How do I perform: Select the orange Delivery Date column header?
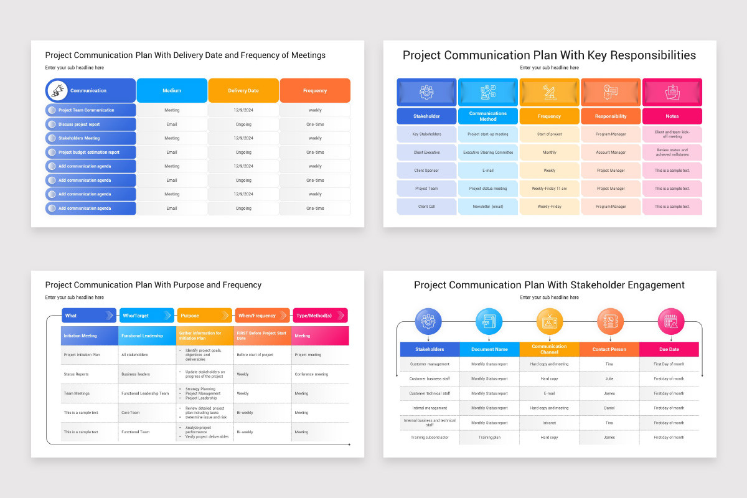point(243,91)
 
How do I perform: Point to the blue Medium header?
point(172,91)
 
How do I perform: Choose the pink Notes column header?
point(672,116)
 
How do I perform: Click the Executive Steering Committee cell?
point(488,153)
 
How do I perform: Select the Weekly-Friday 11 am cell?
point(549,189)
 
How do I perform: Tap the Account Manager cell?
point(611,153)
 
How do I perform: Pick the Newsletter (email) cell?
point(488,207)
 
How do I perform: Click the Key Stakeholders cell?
point(427,134)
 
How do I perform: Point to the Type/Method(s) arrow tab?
point(319,316)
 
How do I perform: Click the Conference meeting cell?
point(311,375)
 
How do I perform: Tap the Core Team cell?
point(131,413)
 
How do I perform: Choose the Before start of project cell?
point(255,355)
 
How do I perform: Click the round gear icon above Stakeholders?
point(428,321)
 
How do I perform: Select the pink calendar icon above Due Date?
point(671,321)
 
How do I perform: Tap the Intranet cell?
point(549,423)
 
